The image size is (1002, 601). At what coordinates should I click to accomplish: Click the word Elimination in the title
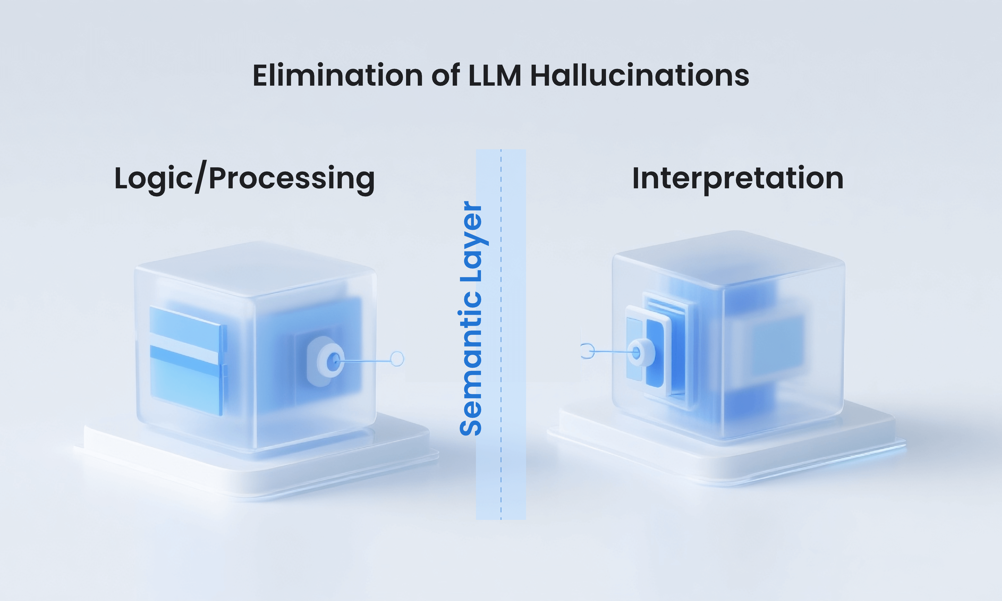pyautogui.click(x=338, y=76)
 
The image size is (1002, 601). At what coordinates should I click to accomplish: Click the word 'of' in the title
pyautogui.click(x=445, y=76)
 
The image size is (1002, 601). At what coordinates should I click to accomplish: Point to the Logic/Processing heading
pyautogui.click(x=244, y=179)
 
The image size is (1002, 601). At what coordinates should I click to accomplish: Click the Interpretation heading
pyautogui.click(x=737, y=179)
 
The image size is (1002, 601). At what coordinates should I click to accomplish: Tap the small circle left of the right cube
pyautogui.click(x=587, y=351)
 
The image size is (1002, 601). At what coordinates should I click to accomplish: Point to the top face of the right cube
pyautogui.click(x=729, y=259)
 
